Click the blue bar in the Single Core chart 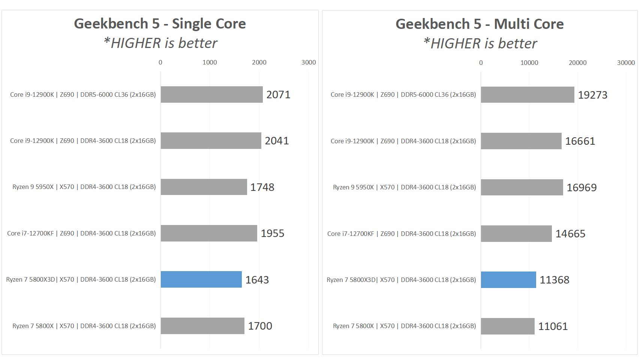coord(201,279)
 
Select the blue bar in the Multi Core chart coord(508,280)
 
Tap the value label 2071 coord(278,94)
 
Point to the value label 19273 coord(592,95)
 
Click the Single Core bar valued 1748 coord(204,187)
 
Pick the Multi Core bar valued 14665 coord(516,234)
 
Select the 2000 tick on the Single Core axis coord(259,62)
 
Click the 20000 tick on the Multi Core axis coord(577,63)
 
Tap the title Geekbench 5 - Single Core coord(160,24)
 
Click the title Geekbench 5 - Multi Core coord(480,24)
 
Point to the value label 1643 coord(257,280)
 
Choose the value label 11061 coord(553,326)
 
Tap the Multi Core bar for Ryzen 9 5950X coord(522,187)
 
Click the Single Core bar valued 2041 coord(211,141)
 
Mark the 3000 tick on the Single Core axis coord(309,62)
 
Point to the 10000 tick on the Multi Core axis coord(529,63)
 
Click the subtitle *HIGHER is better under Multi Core coord(480,43)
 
